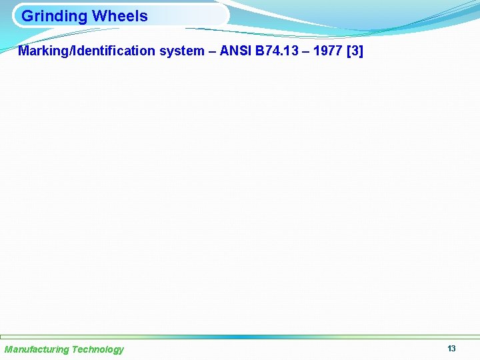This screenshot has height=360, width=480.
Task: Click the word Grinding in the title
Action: pyautogui.click(x=54, y=16)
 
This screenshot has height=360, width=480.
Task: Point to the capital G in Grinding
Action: pyautogui.click(x=27, y=16)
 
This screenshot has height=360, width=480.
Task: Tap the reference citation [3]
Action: pyautogui.click(x=355, y=51)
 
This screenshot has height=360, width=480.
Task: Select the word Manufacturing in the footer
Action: pyautogui.click(x=37, y=349)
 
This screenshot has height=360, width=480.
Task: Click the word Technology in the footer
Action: pyautogui.click(x=97, y=349)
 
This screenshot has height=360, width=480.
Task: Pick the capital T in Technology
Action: pyautogui.click(x=74, y=349)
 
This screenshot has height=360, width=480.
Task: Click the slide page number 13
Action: pyautogui.click(x=451, y=349)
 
